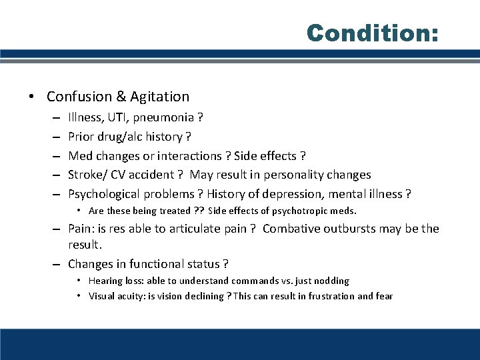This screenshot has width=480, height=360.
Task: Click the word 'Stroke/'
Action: [89, 175]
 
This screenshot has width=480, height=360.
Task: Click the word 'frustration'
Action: [333, 296]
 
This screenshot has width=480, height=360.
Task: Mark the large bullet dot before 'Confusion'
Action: [32, 97]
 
